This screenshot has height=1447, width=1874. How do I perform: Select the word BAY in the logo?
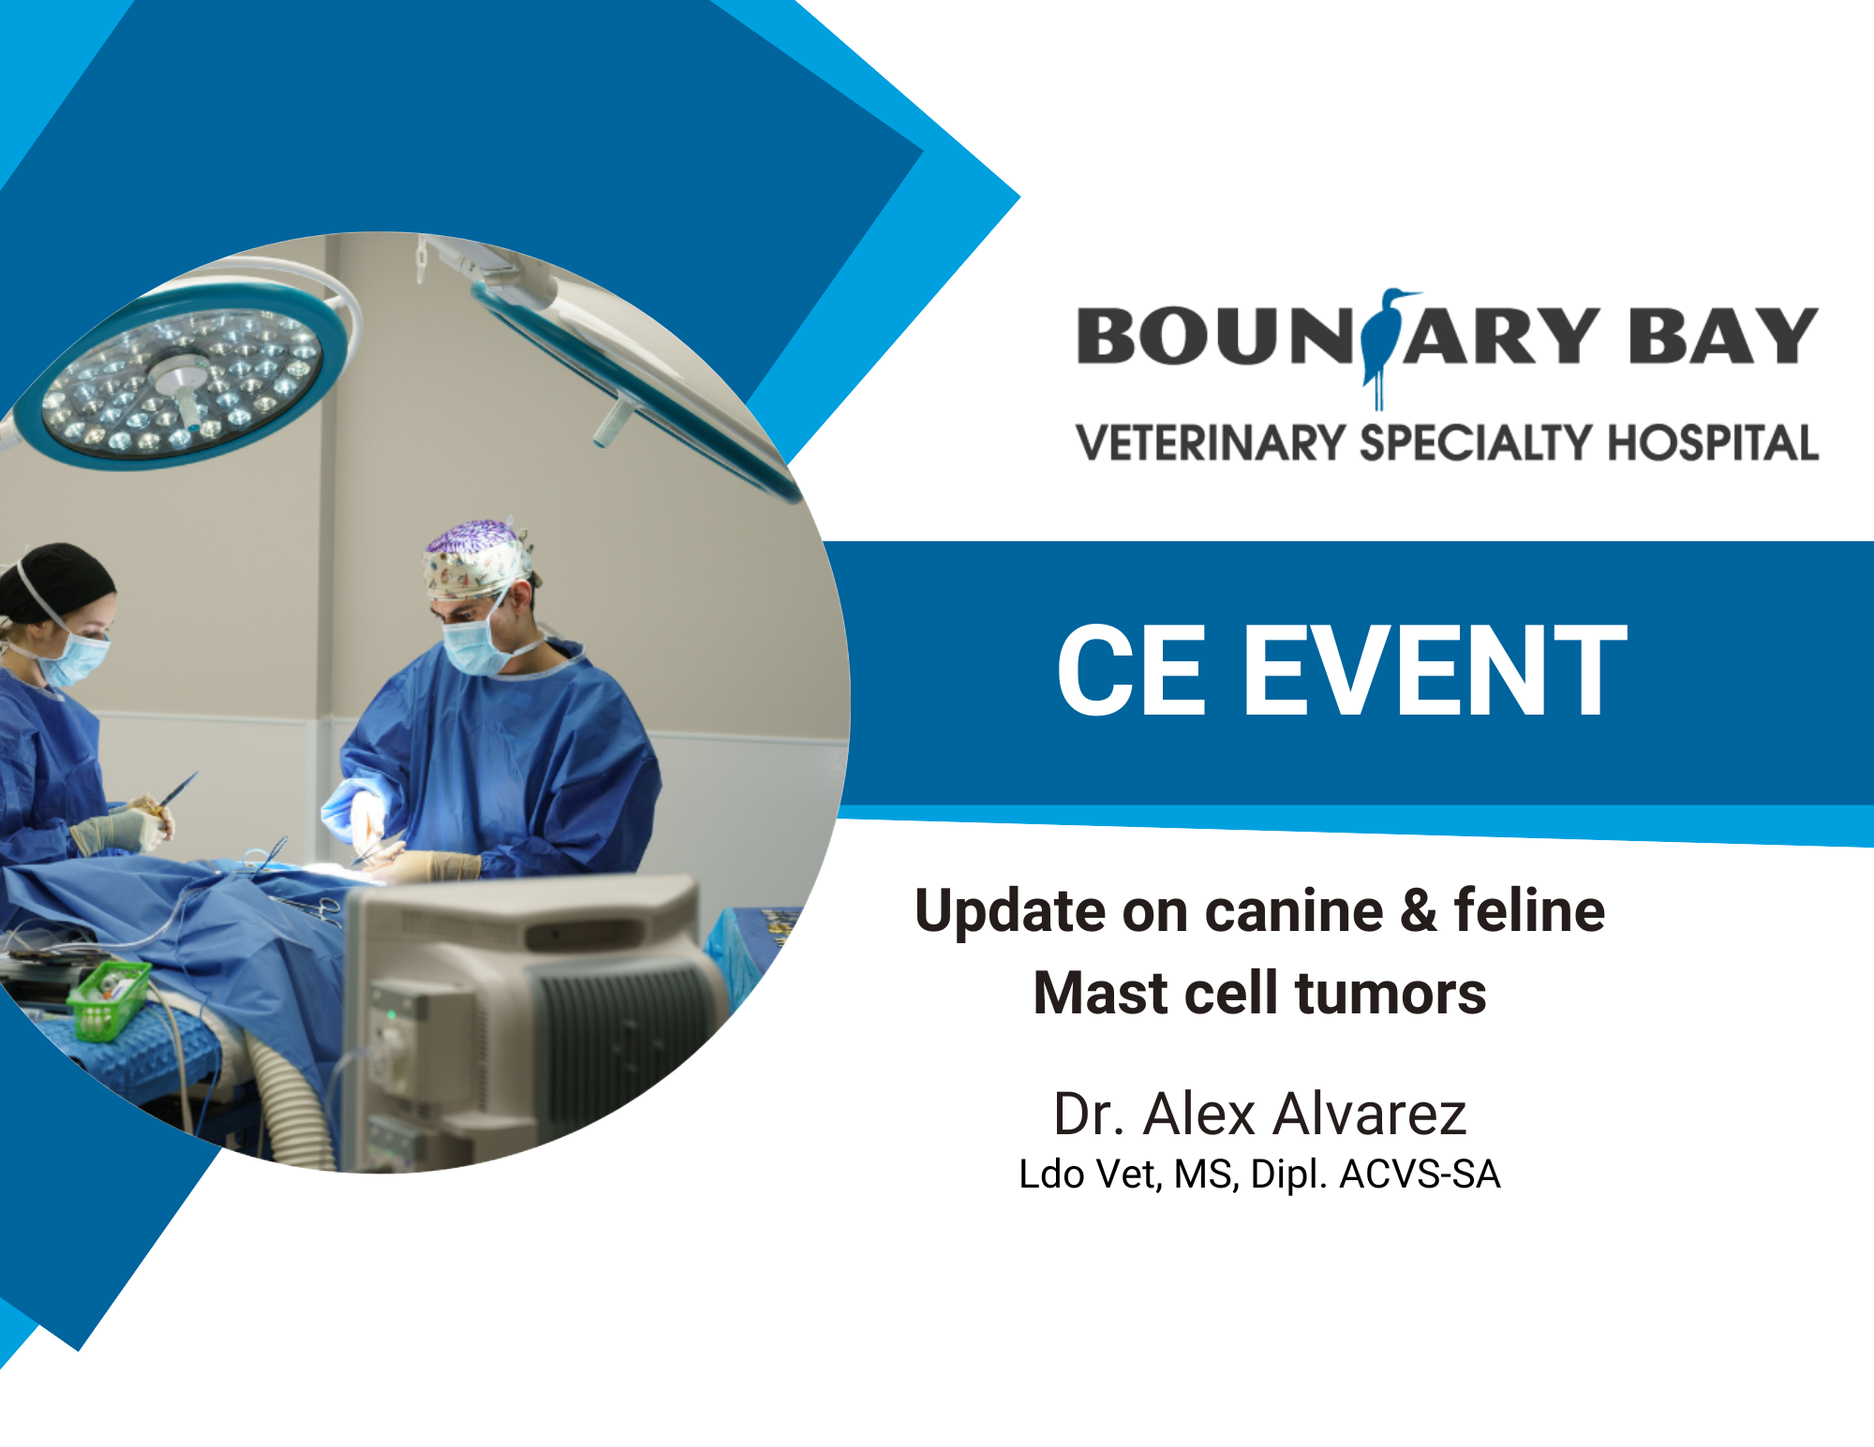coord(1722,335)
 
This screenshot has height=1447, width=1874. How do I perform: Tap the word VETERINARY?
coord(1210,443)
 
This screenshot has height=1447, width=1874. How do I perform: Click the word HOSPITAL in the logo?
coord(1714,443)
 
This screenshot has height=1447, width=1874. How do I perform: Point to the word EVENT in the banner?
coord(1435,672)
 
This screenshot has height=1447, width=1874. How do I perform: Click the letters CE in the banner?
coord(1131,672)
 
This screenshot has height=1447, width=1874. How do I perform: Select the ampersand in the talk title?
coord(1419,911)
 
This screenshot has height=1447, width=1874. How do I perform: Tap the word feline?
coord(1529,909)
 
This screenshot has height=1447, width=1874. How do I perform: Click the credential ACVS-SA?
coord(1420,1174)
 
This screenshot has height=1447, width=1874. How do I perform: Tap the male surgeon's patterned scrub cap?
coord(478,559)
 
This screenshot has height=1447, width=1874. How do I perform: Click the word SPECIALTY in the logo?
coord(1477,443)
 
